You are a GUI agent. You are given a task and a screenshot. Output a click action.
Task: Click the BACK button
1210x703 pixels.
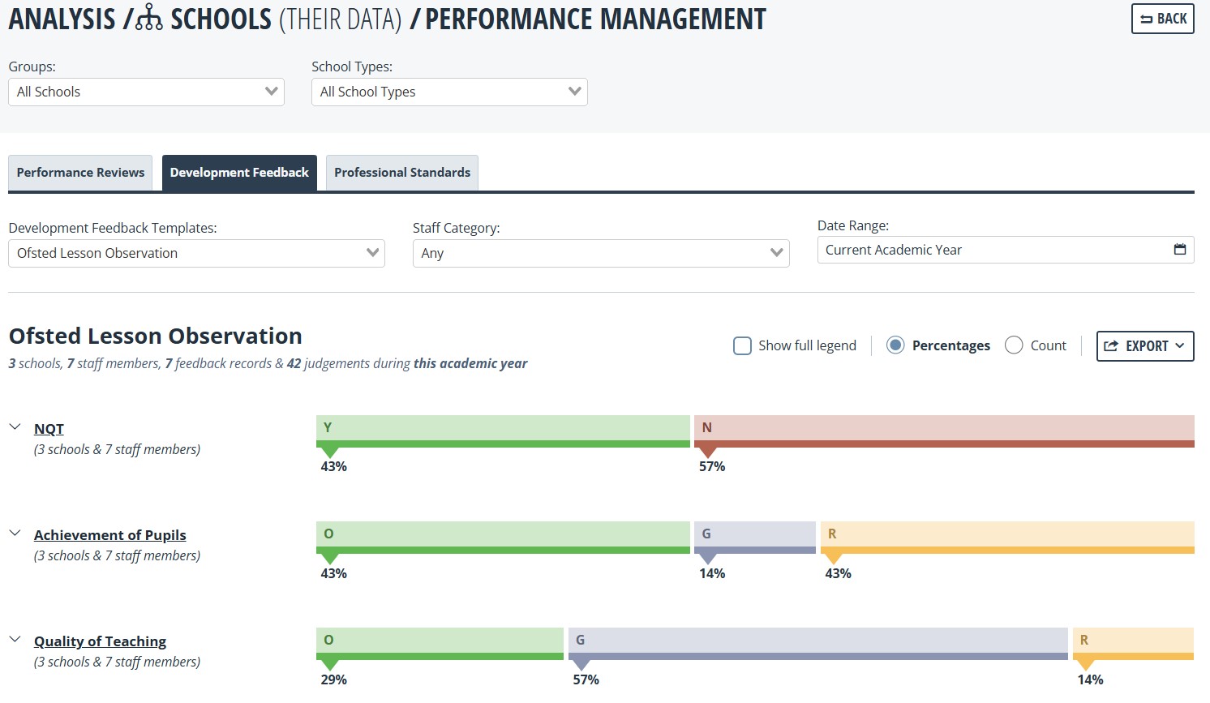tap(1162, 19)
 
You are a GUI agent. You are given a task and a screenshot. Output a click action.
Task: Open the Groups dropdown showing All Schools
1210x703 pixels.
tap(146, 92)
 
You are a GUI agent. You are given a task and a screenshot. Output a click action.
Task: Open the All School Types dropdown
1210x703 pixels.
tap(449, 92)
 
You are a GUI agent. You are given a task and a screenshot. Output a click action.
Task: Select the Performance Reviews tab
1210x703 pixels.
tap(80, 172)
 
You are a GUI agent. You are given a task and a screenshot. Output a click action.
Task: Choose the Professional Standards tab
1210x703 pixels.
tap(402, 172)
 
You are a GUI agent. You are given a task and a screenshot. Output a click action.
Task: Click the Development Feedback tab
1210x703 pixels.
tap(239, 172)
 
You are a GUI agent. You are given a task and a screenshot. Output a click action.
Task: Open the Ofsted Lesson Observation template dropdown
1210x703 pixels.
tap(196, 253)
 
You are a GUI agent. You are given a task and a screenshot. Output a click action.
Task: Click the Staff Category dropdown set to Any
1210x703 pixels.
tap(601, 253)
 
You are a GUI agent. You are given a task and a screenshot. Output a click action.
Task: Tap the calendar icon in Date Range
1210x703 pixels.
tap(1180, 249)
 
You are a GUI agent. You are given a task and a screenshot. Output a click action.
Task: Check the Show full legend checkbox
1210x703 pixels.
tap(742, 345)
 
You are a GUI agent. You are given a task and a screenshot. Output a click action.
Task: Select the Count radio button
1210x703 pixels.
tap(1014, 345)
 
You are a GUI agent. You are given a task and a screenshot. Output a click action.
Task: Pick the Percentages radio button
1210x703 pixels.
tap(895, 345)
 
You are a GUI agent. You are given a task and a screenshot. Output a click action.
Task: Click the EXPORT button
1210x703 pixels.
tap(1145, 345)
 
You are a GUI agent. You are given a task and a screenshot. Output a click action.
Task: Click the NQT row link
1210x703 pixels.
tap(49, 429)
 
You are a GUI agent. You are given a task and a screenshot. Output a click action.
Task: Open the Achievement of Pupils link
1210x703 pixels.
tap(109, 535)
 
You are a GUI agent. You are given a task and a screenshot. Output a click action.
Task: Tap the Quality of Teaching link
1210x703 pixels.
tap(100, 641)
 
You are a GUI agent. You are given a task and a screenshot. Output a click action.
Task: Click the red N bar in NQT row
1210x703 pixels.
tap(944, 431)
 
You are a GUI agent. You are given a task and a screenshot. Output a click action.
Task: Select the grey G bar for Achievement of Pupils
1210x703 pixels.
tap(755, 538)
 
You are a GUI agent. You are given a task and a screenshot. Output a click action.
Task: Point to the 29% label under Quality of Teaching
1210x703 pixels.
tap(334, 679)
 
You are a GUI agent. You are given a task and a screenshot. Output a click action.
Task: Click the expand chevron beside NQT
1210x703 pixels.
tap(15, 427)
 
